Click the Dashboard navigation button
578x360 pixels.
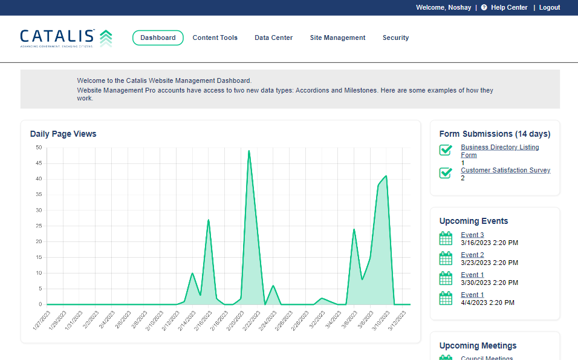[158, 38]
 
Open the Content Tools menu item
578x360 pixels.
[215, 38]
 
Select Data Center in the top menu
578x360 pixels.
[273, 38]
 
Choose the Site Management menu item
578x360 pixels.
[337, 38]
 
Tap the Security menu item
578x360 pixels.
[395, 38]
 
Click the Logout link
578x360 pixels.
[550, 7]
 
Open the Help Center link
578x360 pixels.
[508, 7]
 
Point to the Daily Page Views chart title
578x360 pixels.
[63, 134]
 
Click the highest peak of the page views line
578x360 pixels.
[248, 151]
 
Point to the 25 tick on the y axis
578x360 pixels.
[39, 226]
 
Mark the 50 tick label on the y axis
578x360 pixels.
[39, 148]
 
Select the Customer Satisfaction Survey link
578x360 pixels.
[505, 170]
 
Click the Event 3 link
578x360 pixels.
[472, 235]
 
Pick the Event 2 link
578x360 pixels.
[472, 255]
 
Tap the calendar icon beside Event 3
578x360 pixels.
[446, 238]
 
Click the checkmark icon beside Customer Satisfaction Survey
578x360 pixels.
[446, 173]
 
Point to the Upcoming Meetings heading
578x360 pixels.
[478, 345]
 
